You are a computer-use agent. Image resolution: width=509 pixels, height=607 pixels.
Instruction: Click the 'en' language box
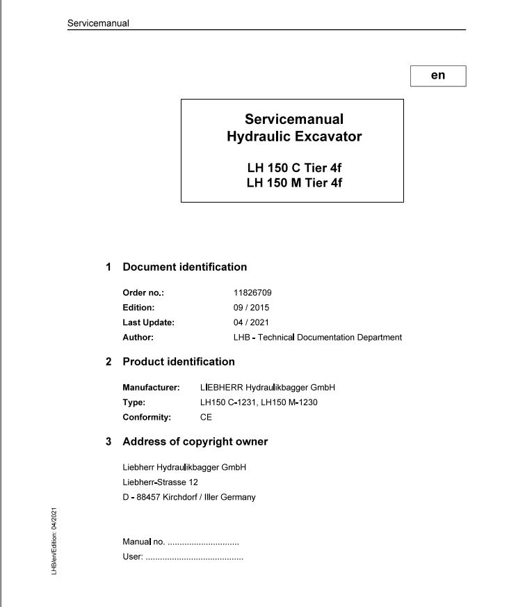pos(437,76)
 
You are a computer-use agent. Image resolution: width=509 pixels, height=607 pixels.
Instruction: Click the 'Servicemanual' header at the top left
pos(98,23)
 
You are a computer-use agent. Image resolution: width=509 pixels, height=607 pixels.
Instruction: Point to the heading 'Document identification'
pos(184,267)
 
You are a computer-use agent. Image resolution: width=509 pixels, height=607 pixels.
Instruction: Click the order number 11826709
pos(252,293)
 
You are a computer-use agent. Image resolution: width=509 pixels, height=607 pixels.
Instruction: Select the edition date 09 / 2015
pos(252,308)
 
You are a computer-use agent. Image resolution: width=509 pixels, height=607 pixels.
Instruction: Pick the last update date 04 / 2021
pos(252,322)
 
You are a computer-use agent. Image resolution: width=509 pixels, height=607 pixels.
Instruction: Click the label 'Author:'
pos(138,338)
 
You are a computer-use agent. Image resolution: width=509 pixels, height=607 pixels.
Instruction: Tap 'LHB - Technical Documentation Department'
pos(318,338)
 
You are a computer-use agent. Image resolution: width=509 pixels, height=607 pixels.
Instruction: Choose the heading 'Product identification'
pos(179,362)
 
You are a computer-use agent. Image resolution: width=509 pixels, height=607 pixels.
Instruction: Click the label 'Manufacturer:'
pos(151,388)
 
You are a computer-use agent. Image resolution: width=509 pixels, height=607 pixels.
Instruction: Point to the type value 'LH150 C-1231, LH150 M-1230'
pos(259,402)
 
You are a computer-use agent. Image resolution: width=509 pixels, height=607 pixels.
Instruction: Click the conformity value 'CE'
pos(206,418)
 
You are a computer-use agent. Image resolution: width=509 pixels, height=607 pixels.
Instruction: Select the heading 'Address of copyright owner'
pos(195,441)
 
